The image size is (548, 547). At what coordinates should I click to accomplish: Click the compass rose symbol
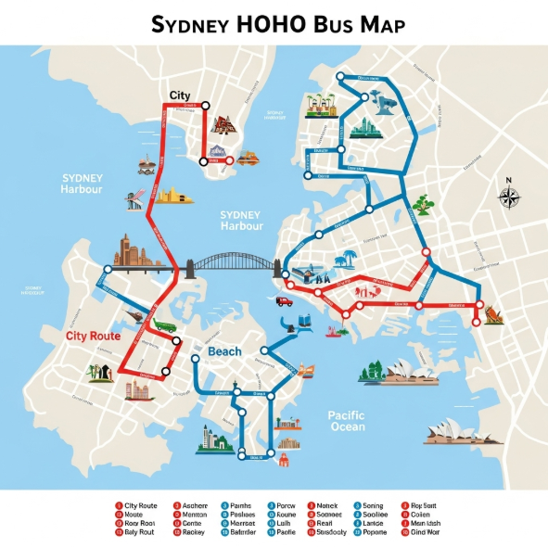[509, 196]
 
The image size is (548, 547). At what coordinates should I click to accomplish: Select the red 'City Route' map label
[92, 336]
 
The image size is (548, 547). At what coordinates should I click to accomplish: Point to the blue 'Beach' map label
[224, 351]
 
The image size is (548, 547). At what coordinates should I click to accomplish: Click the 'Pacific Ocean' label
[347, 421]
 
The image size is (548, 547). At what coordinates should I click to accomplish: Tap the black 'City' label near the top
[180, 95]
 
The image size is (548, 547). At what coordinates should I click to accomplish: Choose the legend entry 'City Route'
[140, 505]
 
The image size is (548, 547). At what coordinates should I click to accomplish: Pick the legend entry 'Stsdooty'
[330, 533]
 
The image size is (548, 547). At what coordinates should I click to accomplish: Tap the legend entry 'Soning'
[374, 505]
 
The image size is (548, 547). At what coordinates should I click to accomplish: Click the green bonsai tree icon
[424, 204]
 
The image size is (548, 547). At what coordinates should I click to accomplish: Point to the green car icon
[165, 326]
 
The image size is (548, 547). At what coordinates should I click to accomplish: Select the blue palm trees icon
[349, 260]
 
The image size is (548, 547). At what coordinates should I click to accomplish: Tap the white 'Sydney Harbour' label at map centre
[241, 220]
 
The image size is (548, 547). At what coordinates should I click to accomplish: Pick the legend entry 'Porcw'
[286, 505]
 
